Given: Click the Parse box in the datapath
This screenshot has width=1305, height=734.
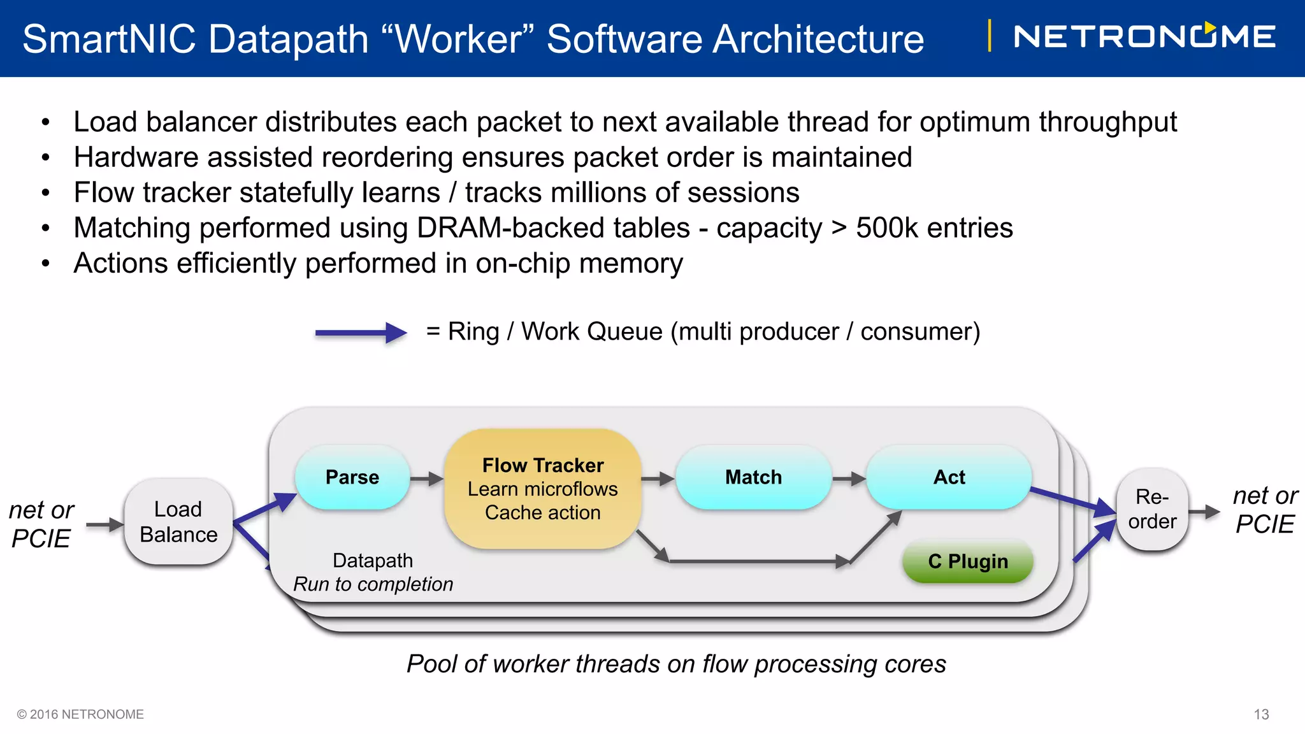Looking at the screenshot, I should (352, 477).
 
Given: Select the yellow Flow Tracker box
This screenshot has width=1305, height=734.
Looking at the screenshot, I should (542, 489).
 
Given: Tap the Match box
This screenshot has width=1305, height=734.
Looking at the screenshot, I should (753, 477).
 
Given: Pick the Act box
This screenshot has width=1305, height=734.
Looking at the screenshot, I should (949, 477).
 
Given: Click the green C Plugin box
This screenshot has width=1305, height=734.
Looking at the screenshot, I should (967, 561).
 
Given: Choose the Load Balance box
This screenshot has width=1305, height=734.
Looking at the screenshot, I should (178, 522).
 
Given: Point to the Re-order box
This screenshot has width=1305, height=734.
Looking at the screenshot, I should (1152, 509).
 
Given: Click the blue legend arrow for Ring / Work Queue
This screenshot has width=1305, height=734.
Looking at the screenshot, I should (361, 333).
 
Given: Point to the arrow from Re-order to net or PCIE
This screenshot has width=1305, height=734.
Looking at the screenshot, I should (1204, 512).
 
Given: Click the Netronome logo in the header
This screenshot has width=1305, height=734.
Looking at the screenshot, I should (1144, 36).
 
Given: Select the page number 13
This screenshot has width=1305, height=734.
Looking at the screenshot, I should (1261, 714).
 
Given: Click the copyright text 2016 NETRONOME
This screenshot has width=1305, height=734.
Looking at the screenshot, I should (81, 714).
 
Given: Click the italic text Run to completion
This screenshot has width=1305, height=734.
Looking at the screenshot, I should (373, 584).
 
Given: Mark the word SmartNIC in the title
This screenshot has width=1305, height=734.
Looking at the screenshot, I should (109, 39).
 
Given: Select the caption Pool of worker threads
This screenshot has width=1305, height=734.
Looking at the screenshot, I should (676, 664).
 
